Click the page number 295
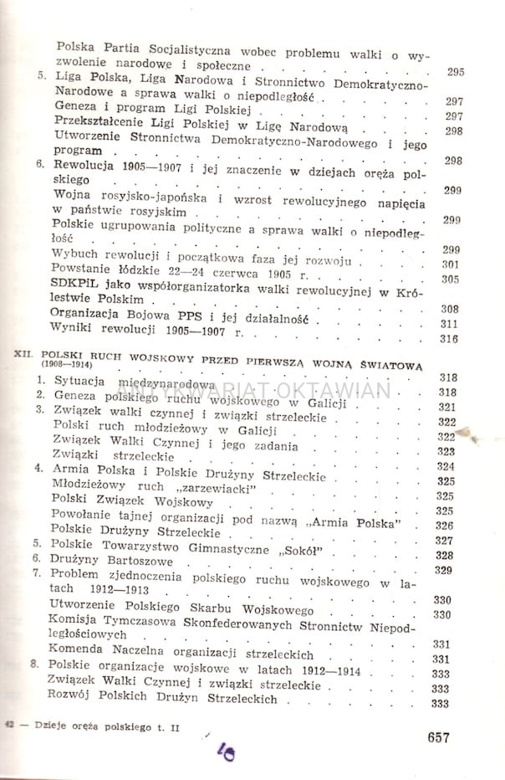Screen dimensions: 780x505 pyautogui.click(x=455, y=72)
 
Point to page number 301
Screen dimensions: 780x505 pyautogui.click(x=451, y=264)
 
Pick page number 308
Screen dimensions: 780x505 pyautogui.click(x=451, y=309)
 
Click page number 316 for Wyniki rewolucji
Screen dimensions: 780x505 pyautogui.click(x=451, y=339)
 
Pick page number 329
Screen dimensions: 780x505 pyautogui.click(x=445, y=571)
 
